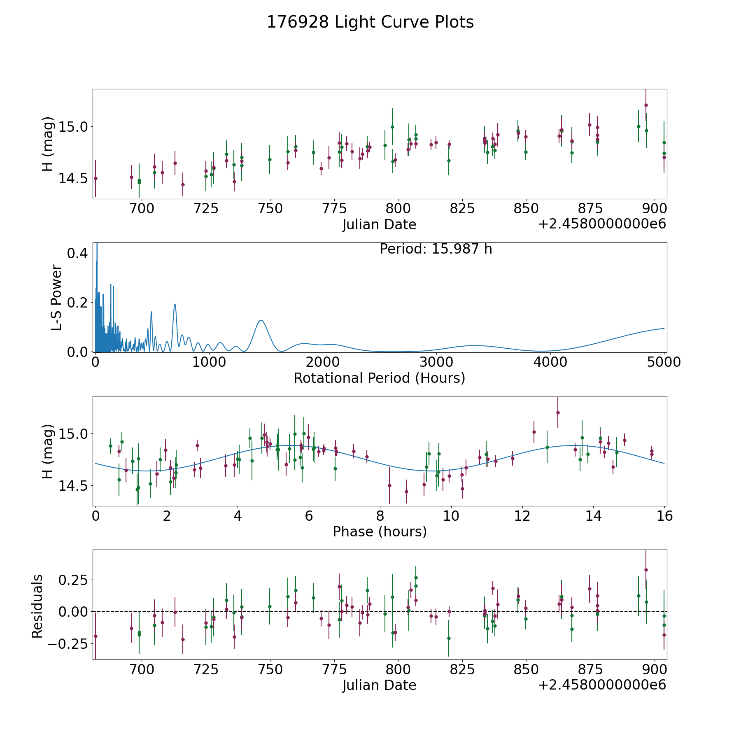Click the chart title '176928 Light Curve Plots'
pos(370,22)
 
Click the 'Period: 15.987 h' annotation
pos(436,249)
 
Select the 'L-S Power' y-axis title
pos(56,297)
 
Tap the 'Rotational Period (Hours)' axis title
pos(379,378)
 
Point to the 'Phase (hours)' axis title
pos(380,531)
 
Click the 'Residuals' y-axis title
pos(37,606)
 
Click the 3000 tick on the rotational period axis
pos(436,362)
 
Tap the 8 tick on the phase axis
pos(380,516)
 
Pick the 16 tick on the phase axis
pos(664,516)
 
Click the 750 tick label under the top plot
pos(270,209)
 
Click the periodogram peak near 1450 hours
pos(261,320)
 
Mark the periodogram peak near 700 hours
pos(175,304)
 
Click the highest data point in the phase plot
pos(558,412)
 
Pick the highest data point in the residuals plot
pos(646,570)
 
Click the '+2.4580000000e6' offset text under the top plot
pos(602,224)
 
